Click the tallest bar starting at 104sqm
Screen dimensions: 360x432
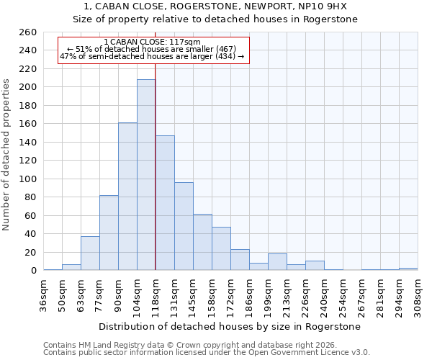(x=146, y=175)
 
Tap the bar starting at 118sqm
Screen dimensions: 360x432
(x=165, y=203)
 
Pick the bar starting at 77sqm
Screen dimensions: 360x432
(x=109, y=233)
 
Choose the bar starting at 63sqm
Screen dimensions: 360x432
(x=90, y=253)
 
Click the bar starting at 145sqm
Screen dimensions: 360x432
(x=202, y=242)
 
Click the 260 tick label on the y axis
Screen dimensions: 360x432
(x=27, y=32)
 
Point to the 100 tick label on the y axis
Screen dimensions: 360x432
(x=27, y=179)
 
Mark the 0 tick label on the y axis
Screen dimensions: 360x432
(x=33, y=271)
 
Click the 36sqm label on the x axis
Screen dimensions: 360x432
(x=44, y=293)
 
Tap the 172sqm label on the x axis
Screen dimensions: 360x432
(x=230, y=293)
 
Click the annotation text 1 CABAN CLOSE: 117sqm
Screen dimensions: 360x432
(x=152, y=42)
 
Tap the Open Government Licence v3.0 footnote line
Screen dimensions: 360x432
(x=207, y=352)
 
